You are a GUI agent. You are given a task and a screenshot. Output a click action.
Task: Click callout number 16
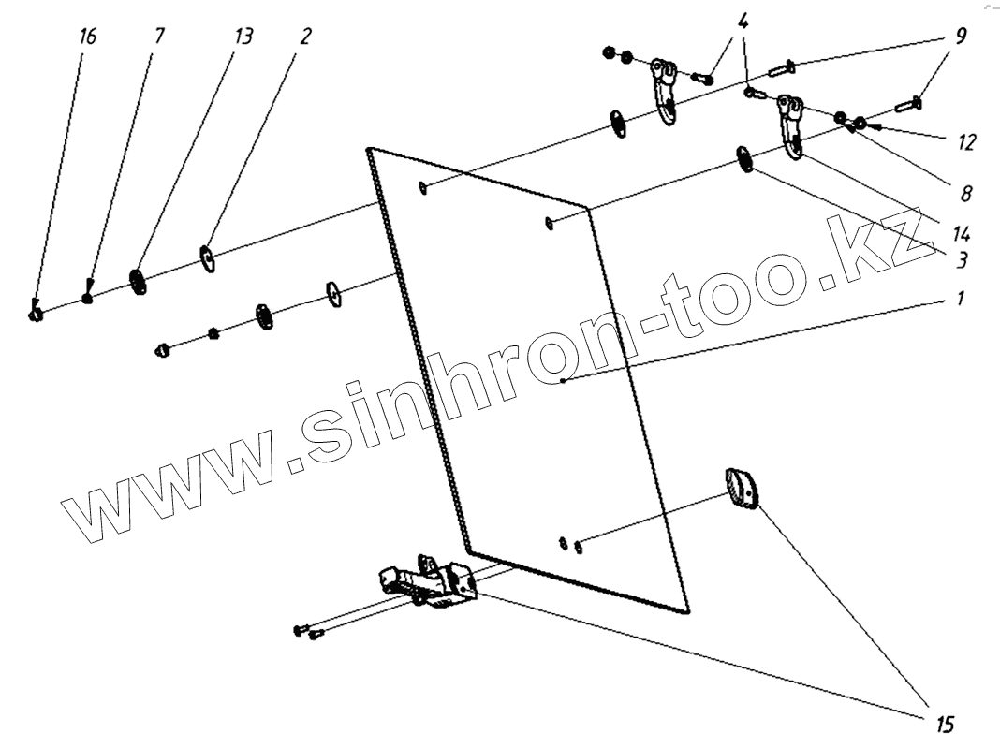pos(88,37)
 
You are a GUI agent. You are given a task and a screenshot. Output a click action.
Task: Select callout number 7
pos(158,37)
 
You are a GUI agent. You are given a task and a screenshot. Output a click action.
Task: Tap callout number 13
pos(243,37)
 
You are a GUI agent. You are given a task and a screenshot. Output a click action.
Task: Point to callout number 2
pos(306,37)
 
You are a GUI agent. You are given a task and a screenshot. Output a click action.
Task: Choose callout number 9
pos(962,37)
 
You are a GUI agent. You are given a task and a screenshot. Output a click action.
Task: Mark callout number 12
pos(966,142)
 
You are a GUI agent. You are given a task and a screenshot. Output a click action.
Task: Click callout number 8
pos(964,194)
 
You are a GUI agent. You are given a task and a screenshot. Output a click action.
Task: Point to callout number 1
pos(962,301)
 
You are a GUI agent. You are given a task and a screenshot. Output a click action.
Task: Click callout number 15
pos(943,722)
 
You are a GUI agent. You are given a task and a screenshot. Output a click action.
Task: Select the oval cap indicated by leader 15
pos(742,490)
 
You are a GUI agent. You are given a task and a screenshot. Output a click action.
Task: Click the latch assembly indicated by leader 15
pos(429,582)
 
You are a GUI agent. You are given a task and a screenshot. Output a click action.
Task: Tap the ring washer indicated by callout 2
pos(208,257)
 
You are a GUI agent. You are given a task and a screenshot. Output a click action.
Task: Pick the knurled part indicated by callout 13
pos(139,281)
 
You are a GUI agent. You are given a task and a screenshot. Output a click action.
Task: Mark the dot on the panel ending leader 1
pos(562,381)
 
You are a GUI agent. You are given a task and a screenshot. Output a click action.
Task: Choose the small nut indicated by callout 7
pos(86,300)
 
